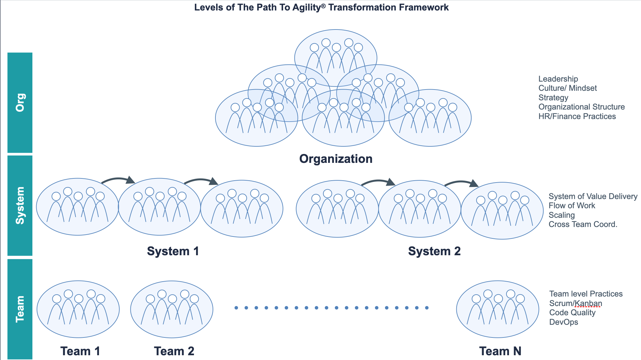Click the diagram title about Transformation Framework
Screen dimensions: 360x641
coord(321,7)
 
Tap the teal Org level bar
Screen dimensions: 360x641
coord(20,103)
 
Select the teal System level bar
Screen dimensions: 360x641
coord(20,205)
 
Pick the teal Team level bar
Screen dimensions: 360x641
coord(20,309)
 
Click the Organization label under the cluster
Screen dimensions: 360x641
coord(336,159)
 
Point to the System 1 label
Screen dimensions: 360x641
coord(173,251)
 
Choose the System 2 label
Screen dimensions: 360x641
coord(434,251)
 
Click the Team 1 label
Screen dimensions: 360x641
coord(80,351)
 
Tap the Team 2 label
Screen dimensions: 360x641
coord(174,351)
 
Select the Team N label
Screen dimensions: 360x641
coord(500,351)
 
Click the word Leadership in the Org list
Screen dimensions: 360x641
coord(558,79)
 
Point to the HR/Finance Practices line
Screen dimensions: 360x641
coord(577,116)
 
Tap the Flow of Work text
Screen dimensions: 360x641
coord(572,205)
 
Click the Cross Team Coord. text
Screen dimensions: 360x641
coord(583,224)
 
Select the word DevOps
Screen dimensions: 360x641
coord(564,322)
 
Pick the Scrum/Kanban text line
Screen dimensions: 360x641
coord(576,303)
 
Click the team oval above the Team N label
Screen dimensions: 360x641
coord(498,309)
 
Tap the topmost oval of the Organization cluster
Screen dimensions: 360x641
coord(336,51)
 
